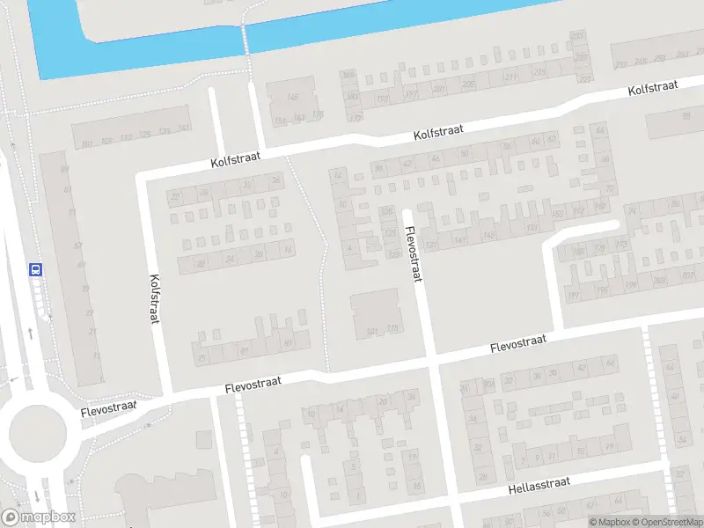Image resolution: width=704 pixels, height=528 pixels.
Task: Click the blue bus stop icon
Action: point(36,270)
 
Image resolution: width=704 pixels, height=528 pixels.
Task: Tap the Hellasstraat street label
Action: point(539,484)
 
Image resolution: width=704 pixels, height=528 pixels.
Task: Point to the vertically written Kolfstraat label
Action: point(154,298)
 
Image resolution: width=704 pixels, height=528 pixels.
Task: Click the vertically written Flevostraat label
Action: point(414,255)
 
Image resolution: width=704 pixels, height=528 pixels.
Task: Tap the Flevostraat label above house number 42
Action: point(518,344)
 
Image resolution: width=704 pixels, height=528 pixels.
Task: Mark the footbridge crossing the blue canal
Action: point(246,39)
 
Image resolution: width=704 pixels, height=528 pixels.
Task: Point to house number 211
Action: point(510,77)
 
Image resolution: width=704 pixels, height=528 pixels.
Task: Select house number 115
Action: point(392,329)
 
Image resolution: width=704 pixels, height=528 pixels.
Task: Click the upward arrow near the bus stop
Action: point(30,333)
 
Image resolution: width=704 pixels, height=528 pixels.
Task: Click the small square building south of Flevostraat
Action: point(203,439)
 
